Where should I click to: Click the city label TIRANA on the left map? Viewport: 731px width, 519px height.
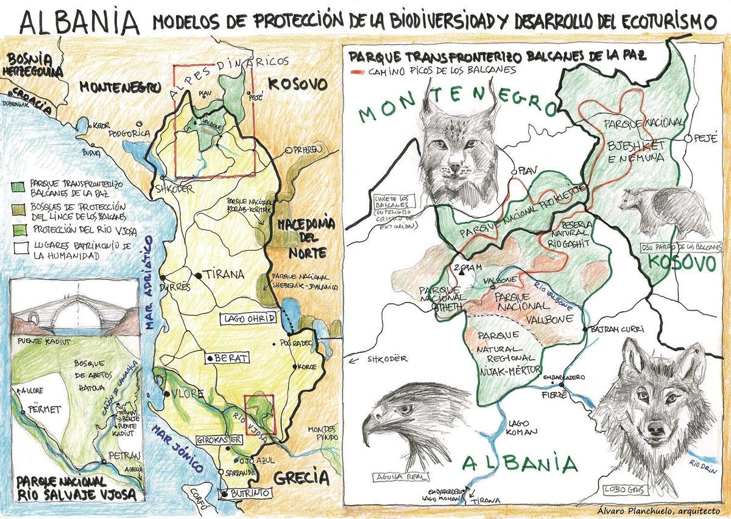tap(223, 274)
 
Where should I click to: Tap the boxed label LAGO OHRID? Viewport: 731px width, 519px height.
tap(250, 318)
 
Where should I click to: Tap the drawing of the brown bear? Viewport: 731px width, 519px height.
tap(664, 210)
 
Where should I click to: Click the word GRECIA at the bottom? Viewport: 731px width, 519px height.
tap(297, 479)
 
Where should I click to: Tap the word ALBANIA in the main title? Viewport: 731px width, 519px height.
tap(79, 22)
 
